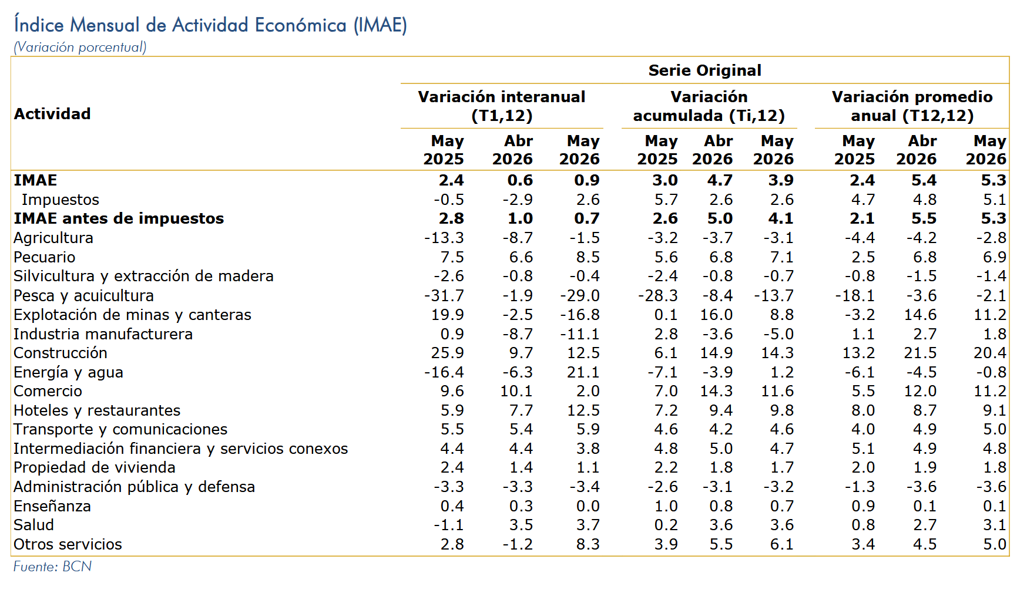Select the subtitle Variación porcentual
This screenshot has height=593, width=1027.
tap(80, 47)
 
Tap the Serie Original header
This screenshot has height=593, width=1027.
tap(704, 70)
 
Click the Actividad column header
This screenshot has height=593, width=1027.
tap(52, 114)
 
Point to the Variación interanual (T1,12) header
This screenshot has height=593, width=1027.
tap(502, 106)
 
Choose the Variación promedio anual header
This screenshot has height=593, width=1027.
tap(912, 106)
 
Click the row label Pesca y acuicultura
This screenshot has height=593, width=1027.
tap(84, 296)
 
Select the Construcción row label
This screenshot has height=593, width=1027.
tap(61, 353)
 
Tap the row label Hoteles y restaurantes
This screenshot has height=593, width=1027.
tap(97, 410)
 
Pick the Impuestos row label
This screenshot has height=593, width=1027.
tap(61, 200)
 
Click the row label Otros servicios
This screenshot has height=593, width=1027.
tap(68, 544)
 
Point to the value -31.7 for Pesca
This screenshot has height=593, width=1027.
tap(444, 295)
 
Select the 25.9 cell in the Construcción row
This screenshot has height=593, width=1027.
tap(448, 353)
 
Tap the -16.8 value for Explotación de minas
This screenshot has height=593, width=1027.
tap(580, 315)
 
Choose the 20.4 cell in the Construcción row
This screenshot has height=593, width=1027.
tap(990, 353)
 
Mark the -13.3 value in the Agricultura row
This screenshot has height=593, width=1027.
tap(444, 238)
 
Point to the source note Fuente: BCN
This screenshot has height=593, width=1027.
tap(53, 567)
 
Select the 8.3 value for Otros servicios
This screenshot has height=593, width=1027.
tap(588, 544)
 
